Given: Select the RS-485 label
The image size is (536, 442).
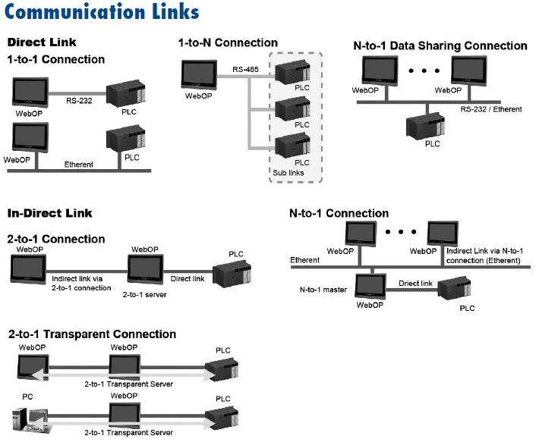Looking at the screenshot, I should (245, 69).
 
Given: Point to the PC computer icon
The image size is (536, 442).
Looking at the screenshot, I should (25, 419).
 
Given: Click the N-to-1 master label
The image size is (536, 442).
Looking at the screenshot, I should (322, 289).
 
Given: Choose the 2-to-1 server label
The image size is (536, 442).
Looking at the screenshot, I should (145, 293).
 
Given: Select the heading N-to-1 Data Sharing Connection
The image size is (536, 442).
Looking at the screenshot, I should (440, 46).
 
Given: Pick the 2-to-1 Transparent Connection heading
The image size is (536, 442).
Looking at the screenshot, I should (92, 334).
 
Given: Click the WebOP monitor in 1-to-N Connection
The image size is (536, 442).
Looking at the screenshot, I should (200, 74).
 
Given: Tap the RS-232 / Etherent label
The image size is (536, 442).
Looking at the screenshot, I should (490, 109).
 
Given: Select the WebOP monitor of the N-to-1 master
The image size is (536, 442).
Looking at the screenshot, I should (370, 287).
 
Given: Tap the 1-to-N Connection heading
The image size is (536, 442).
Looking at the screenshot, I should (228, 42).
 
